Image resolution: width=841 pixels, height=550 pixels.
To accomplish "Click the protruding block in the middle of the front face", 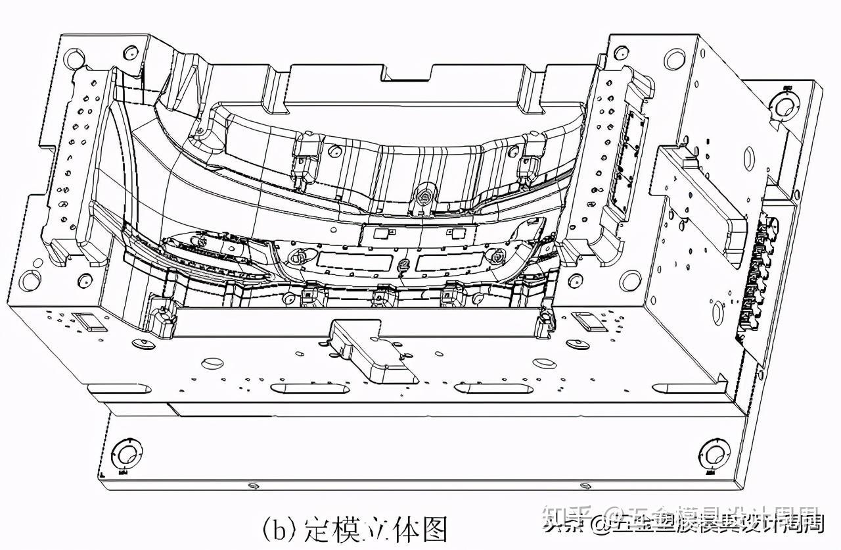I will pyautogui.click(x=374, y=353).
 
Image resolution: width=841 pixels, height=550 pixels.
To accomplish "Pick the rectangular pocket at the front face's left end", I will pyautogui.click(x=87, y=320).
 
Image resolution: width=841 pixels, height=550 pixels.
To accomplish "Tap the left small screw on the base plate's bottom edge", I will pyautogui.click(x=253, y=486).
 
